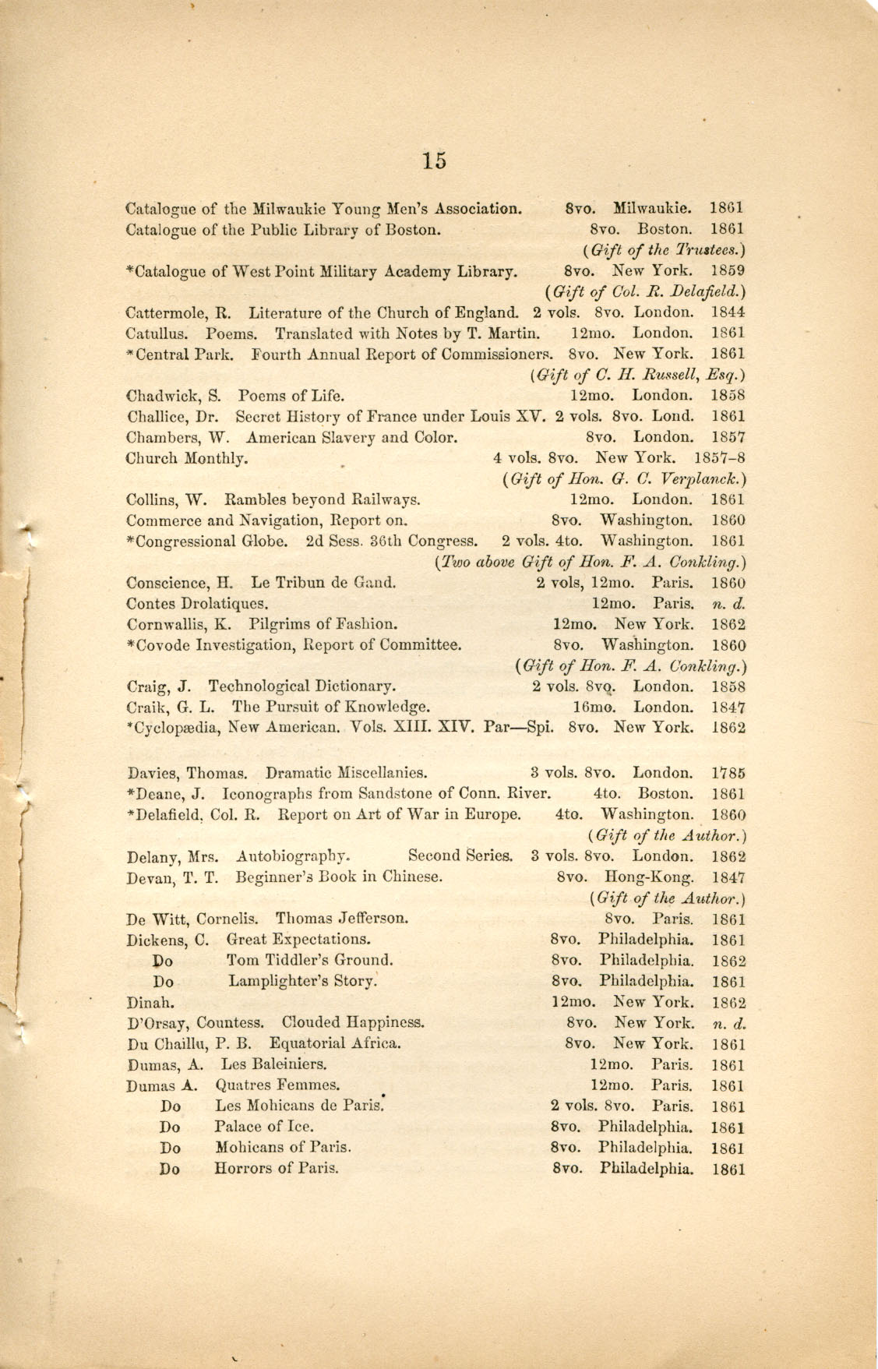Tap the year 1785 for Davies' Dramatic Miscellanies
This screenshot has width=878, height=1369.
[x=728, y=774]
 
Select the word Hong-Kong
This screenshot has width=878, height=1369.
[x=657, y=877]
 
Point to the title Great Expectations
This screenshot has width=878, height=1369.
[x=298, y=940]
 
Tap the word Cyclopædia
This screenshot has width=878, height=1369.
[x=175, y=729]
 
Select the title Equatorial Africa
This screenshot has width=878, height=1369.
[x=335, y=1043]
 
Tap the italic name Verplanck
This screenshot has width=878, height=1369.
[x=698, y=478]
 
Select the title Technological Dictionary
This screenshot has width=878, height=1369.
[x=301, y=686]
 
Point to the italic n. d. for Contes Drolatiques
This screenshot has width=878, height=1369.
[x=728, y=603]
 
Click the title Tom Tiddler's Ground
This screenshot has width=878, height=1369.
[x=309, y=960]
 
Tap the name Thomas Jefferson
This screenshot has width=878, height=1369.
[x=341, y=918]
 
